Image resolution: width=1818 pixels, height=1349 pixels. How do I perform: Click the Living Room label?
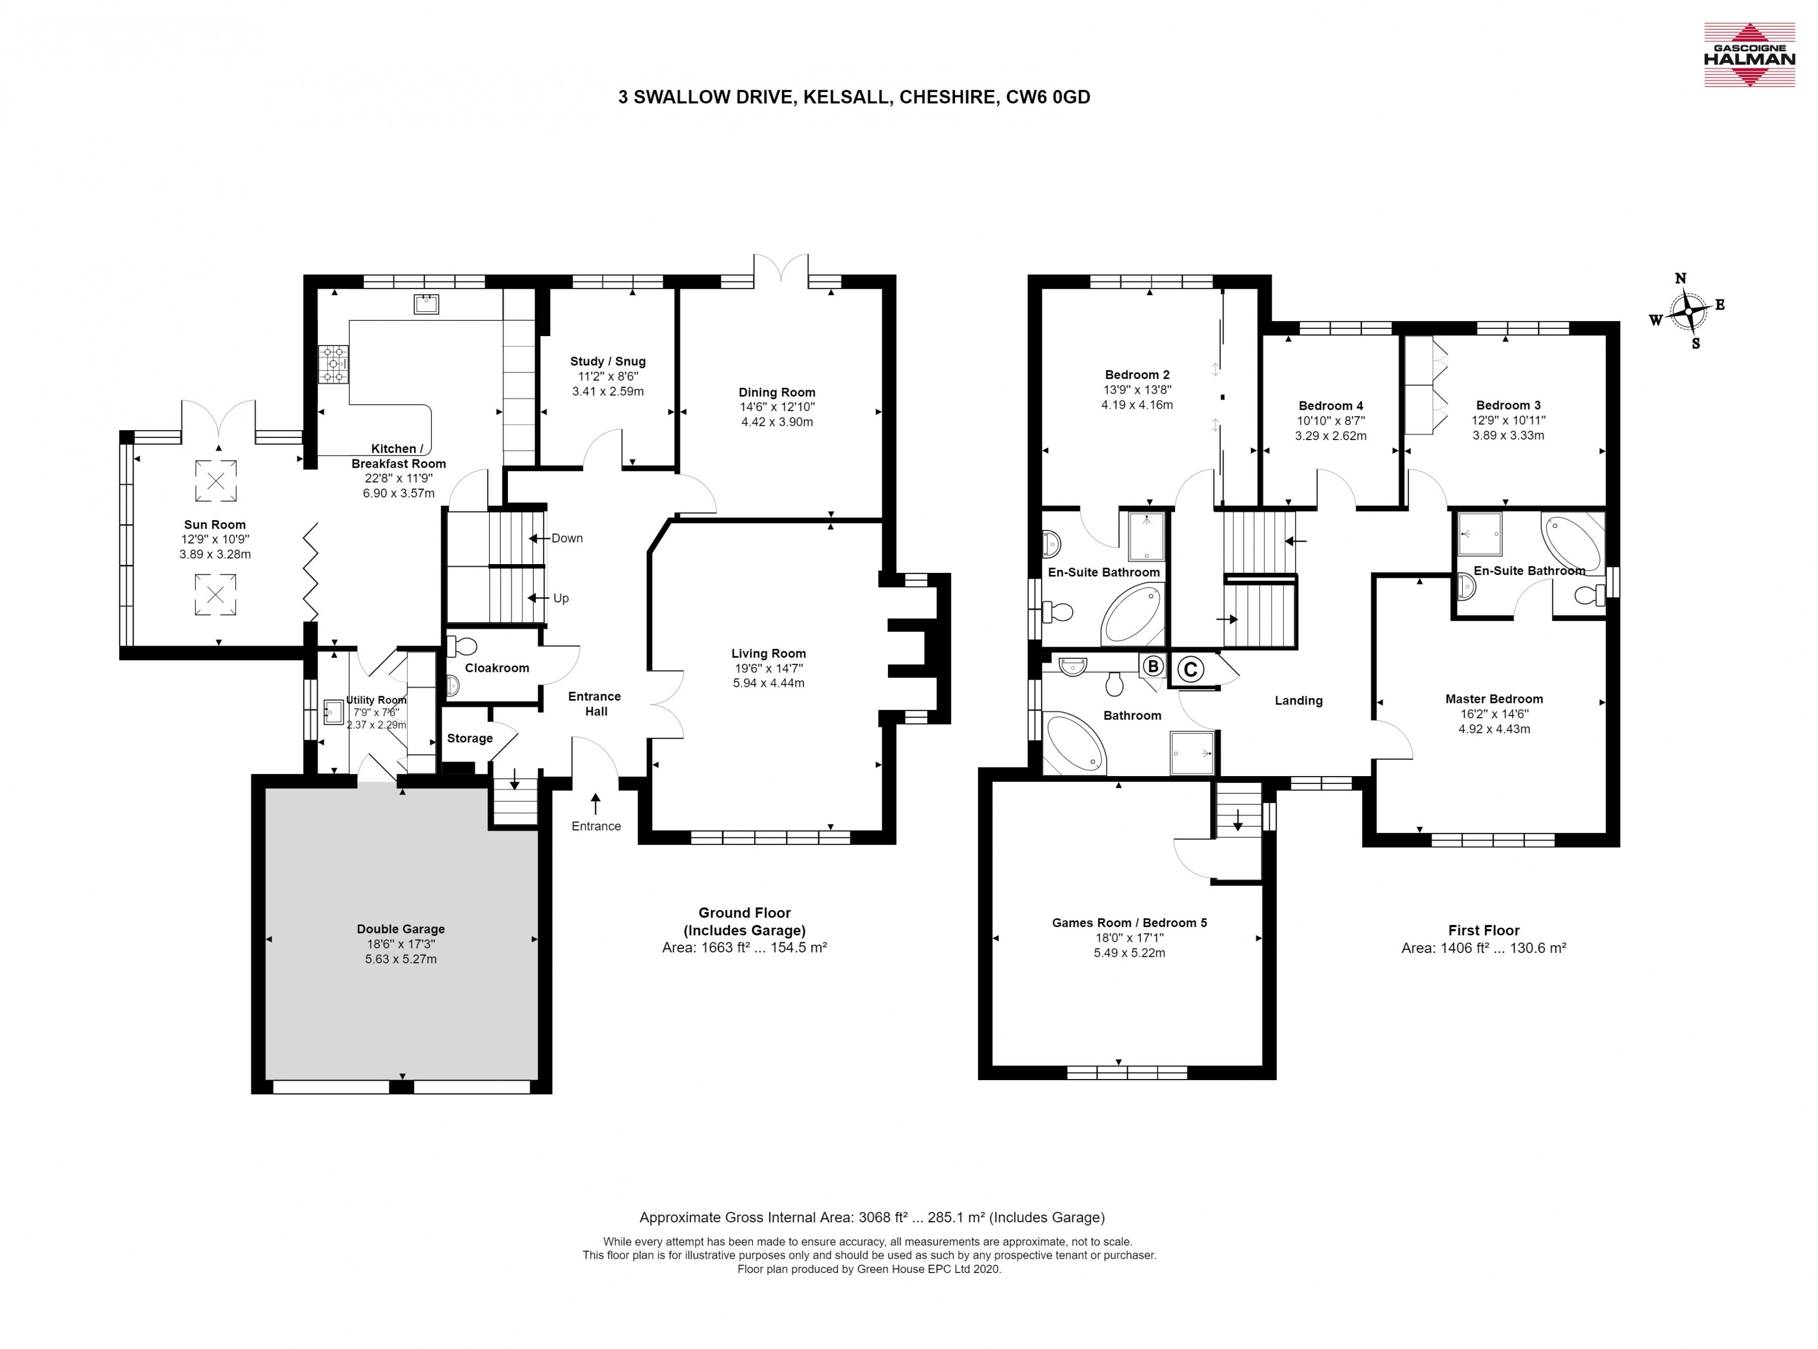pyautogui.click(x=768, y=653)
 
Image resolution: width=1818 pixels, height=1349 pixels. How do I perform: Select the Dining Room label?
pyautogui.click(x=777, y=392)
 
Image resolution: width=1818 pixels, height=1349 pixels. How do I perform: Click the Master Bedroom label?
pyautogui.click(x=1494, y=699)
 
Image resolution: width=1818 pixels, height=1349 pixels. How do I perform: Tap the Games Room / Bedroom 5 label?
pyautogui.click(x=1129, y=923)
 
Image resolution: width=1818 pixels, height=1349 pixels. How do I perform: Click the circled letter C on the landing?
pyautogui.click(x=1190, y=670)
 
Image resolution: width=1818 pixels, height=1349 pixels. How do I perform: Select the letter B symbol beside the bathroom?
pyautogui.click(x=1153, y=667)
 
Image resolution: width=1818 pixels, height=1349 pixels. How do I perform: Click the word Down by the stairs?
pyautogui.click(x=567, y=538)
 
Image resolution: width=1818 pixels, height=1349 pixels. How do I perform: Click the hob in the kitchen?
pyautogui.click(x=333, y=364)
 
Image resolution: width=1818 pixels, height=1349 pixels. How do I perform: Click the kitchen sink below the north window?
pyautogui.click(x=426, y=304)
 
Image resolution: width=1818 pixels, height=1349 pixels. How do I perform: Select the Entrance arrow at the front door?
pyautogui.click(x=596, y=804)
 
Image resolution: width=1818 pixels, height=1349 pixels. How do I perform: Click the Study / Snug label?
pyautogui.click(x=608, y=361)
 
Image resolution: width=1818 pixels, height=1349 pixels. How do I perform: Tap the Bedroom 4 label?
pyautogui.click(x=1330, y=406)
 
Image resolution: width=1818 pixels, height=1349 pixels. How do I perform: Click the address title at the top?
pyautogui.click(x=854, y=97)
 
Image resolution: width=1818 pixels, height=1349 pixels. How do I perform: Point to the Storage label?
pyautogui.click(x=469, y=738)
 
